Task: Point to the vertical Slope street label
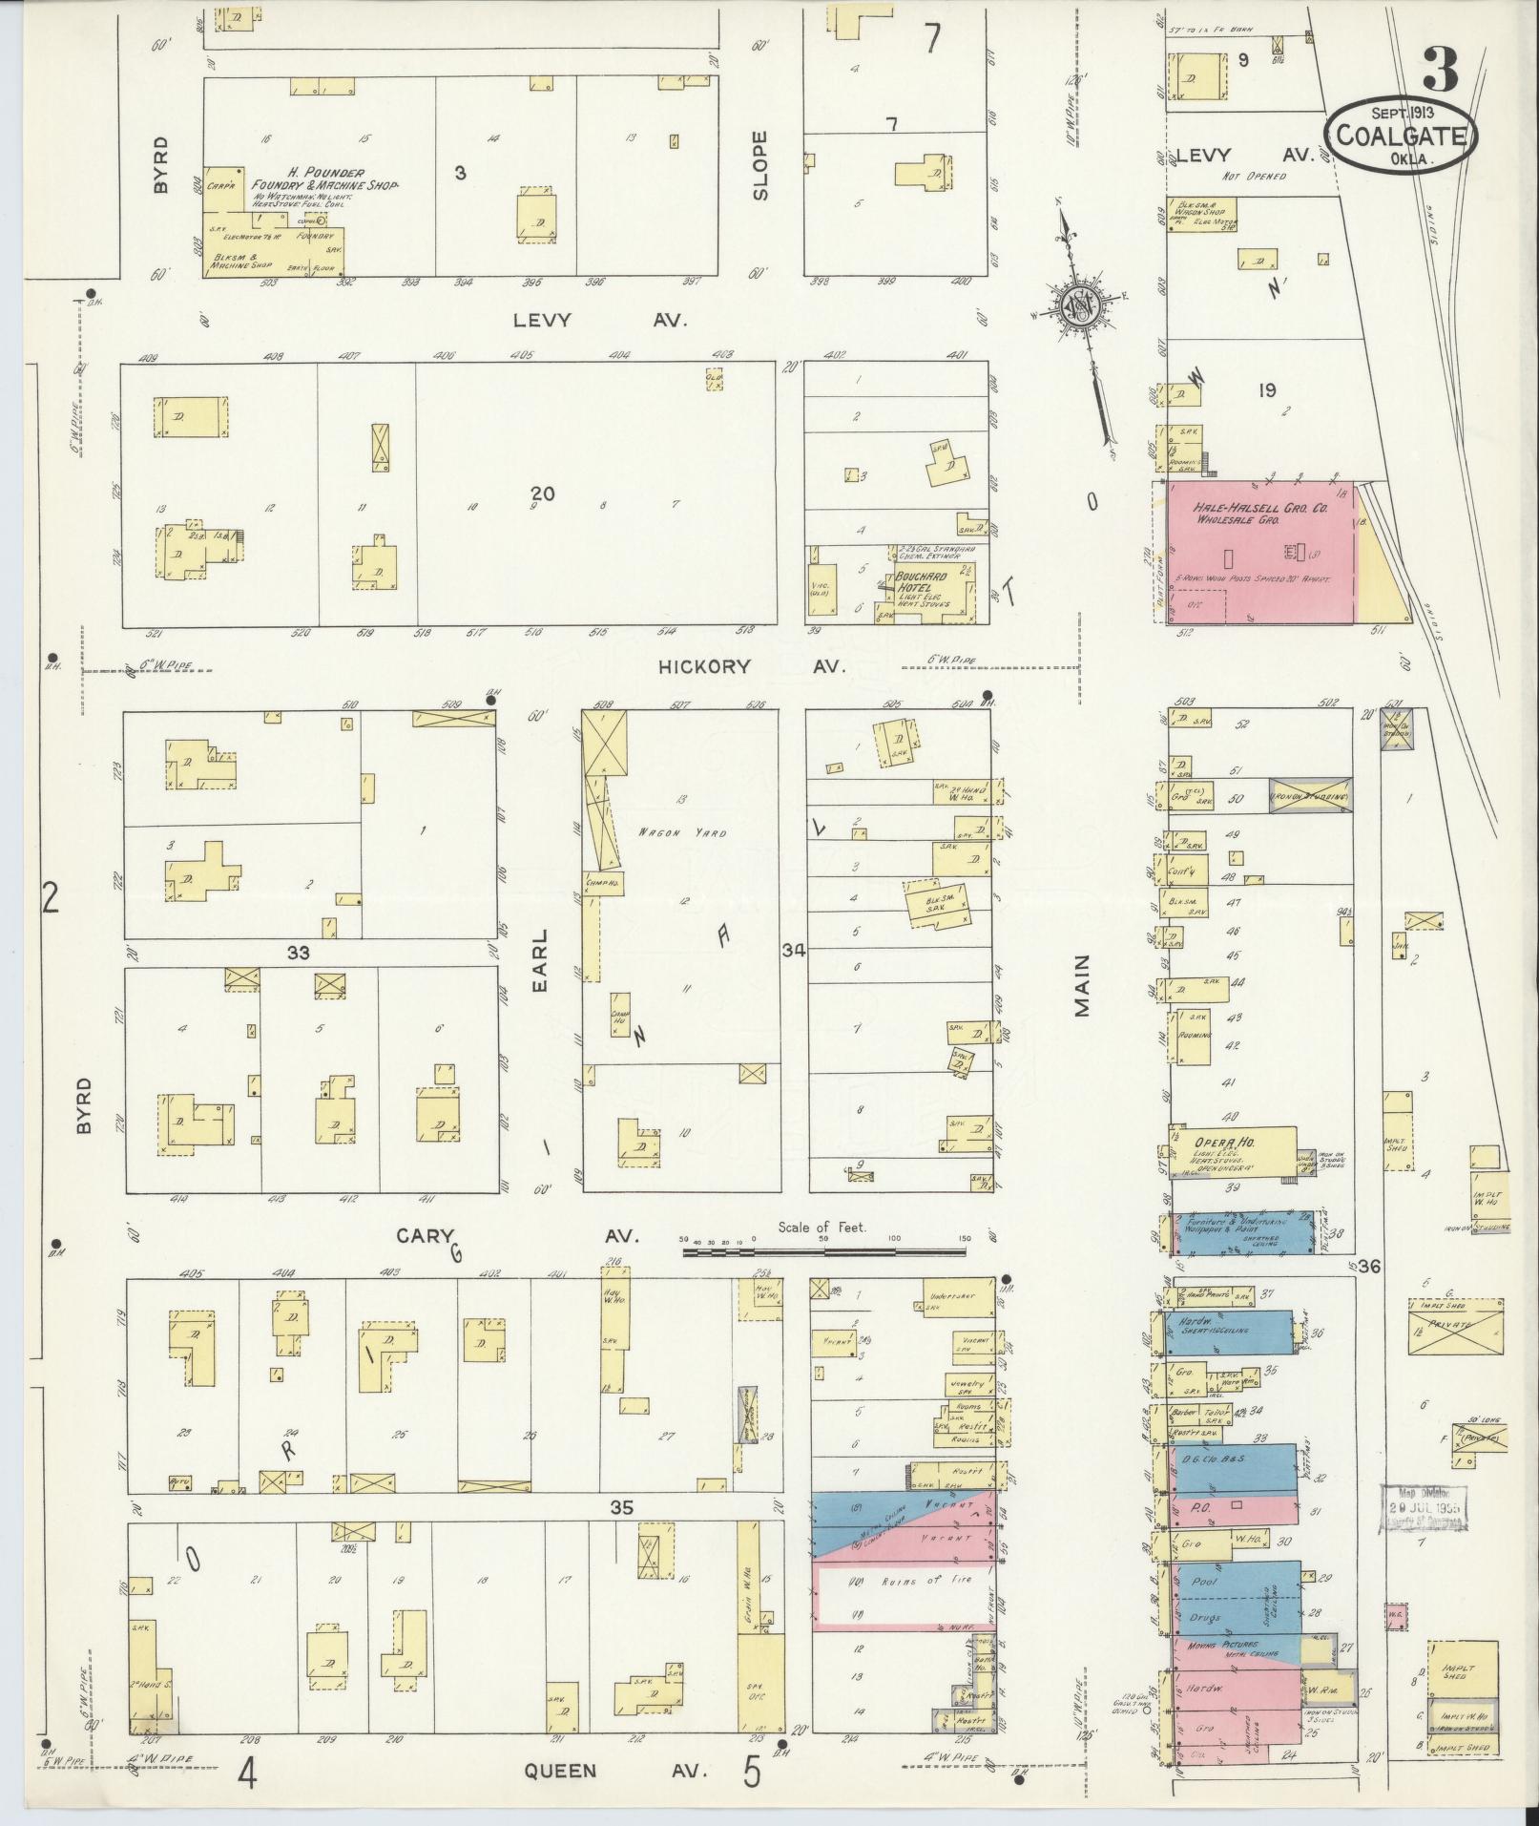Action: pos(759,165)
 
